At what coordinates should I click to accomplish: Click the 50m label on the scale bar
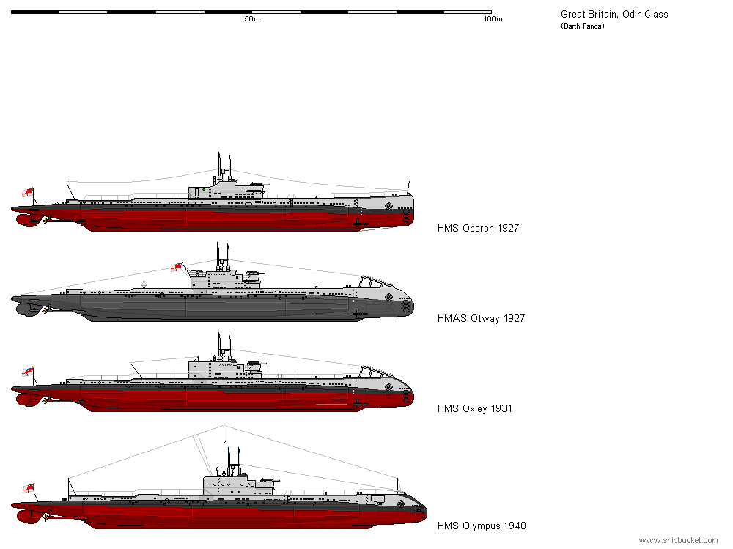(x=252, y=19)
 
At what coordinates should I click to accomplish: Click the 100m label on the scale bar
(x=493, y=19)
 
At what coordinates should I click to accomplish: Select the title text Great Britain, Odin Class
(x=614, y=15)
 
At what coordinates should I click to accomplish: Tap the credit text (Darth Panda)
(x=583, y=26)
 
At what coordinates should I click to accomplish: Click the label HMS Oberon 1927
(x=478, y=228)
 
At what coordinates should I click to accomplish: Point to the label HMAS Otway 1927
(x=481, y=318)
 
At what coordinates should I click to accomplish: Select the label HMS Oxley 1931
(x=474, y=409)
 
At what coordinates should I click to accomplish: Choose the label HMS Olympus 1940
(x=482, y=526)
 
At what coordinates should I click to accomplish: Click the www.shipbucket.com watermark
(x=678, y=541)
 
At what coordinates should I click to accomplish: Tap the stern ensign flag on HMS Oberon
(x=28, y=192)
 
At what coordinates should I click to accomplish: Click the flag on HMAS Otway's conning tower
(x=177, y=267)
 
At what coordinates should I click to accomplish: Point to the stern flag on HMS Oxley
(x=28, y=372)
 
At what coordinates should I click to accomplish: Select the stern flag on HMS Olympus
(x=29, y=488)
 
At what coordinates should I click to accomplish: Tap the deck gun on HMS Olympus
(x=270, y=481)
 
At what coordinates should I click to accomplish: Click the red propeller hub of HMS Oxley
(x=23, y=399)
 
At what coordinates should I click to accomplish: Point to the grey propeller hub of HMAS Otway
(x=23, y=309)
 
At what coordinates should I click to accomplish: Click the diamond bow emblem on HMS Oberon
(x=388, y=206)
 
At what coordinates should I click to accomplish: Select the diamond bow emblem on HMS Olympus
(x=401, y=504)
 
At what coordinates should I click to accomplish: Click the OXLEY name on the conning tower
(x=225, y=365)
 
